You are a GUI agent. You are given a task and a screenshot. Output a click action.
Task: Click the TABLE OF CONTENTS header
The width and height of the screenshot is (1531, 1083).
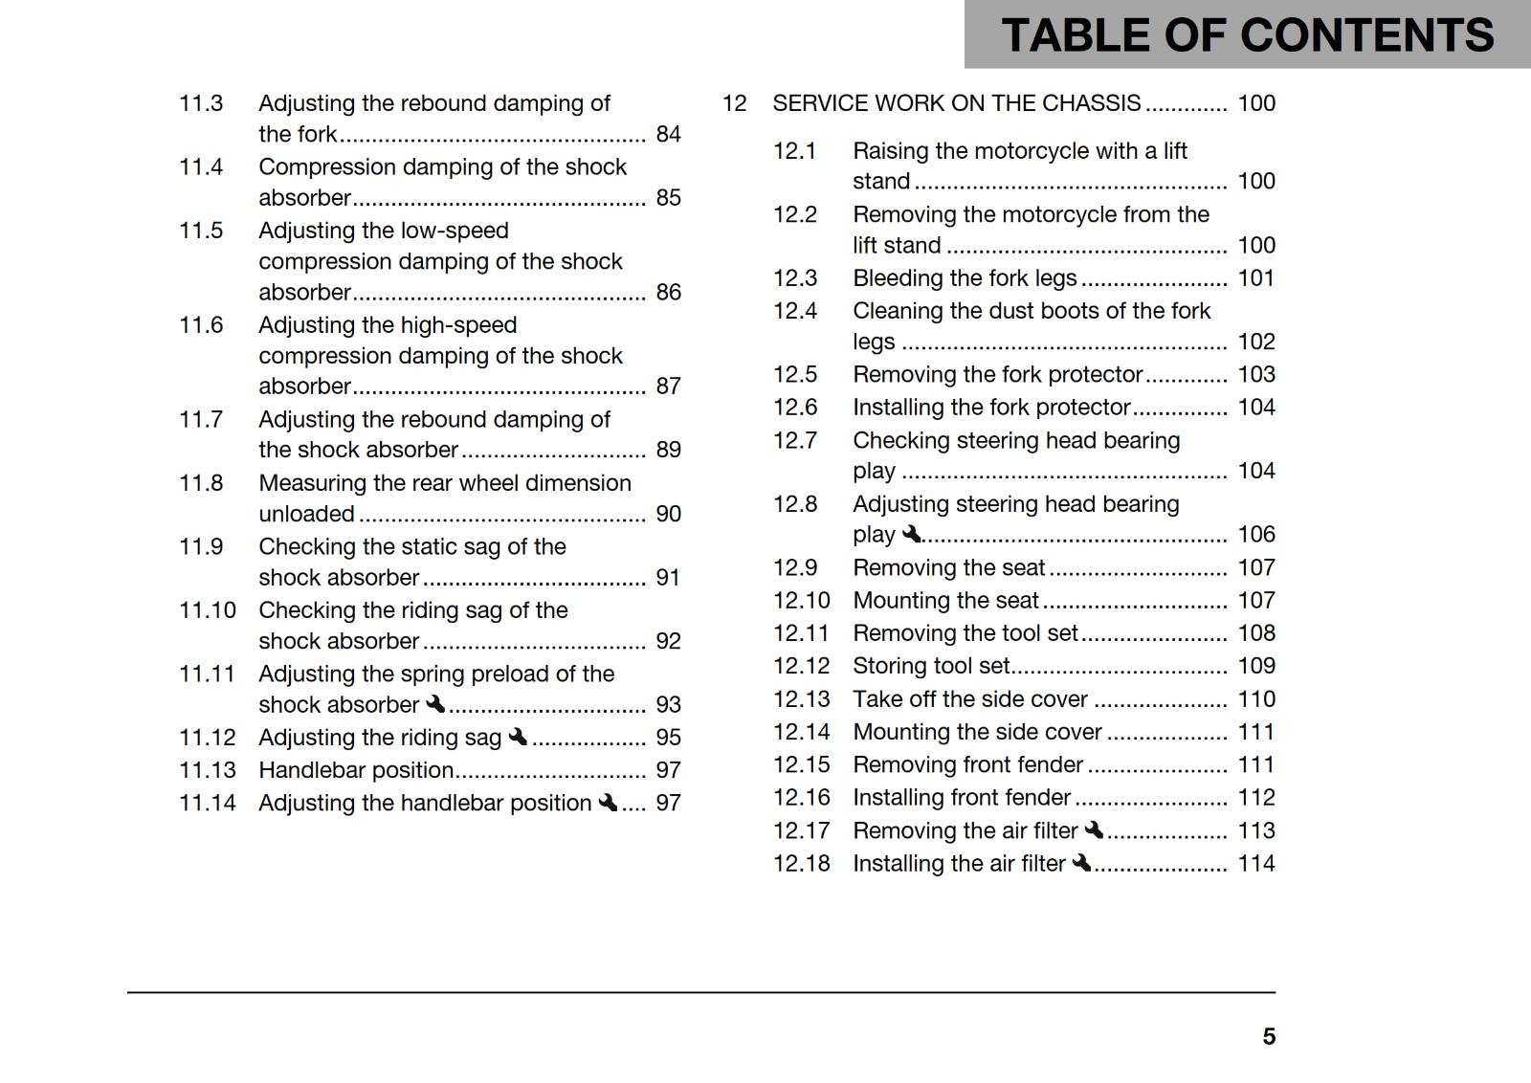[x=1247, y=36]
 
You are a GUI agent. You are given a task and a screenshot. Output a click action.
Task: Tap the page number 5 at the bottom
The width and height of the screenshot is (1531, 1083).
[x=1269, y=1036]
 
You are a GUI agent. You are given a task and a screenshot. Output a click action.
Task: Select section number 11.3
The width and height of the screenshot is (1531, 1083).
[x=201, y=103]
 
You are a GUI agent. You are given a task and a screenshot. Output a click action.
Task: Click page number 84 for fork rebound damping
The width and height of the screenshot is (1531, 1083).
[x=668, y=134]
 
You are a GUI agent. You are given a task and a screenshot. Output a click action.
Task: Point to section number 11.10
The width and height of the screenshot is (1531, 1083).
[x=207, y=610]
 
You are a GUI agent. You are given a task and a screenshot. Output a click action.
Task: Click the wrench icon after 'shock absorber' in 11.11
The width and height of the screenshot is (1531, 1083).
[x=435, y=704]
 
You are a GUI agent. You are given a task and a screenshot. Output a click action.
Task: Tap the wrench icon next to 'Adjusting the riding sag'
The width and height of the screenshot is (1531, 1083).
[x=518, y=737]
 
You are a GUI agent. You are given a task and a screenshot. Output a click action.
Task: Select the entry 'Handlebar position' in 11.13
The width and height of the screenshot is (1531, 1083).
[x=356, y=770]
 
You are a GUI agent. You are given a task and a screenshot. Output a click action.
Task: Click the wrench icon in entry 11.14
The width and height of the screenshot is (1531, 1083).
[x=608, y=803]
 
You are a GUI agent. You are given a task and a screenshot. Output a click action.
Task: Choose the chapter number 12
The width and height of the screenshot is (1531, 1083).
[x=734, y=103]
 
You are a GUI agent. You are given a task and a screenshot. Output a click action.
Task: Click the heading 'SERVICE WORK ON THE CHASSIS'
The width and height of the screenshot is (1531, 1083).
[x=956, y=103]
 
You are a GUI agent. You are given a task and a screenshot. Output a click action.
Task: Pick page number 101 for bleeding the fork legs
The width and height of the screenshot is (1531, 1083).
[x=1255, y=278]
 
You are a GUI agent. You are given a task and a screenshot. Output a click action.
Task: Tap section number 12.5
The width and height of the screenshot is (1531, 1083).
[x=795, y=374]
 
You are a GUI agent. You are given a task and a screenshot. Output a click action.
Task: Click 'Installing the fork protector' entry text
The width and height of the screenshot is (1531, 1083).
[x=991, y=408]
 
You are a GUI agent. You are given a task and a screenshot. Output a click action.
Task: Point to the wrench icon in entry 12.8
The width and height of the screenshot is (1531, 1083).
[x=911, y=534]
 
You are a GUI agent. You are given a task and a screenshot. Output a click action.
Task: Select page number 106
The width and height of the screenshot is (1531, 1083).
[x=1255, y=534]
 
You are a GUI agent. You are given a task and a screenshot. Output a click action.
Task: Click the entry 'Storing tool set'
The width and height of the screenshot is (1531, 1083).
[x=931, y=666]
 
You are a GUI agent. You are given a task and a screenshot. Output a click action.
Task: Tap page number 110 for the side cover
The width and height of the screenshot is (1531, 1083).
[x=1255, y=699]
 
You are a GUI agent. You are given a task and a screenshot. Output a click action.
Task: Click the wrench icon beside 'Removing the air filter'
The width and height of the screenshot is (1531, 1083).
[x=1095, y=830]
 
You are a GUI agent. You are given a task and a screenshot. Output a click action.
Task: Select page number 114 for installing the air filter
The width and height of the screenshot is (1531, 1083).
[x=1255, y=864]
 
